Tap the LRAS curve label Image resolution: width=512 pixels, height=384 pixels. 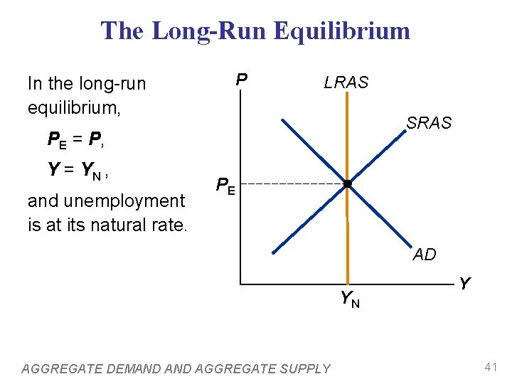click(x=346, y=82)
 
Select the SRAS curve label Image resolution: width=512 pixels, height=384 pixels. click(x=429, y=123)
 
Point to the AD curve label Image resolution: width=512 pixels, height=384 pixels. click(x=425, y=255)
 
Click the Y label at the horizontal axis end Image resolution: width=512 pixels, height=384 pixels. click(x=464, y=284)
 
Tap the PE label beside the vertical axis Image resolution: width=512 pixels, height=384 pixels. click(x=226, y=187)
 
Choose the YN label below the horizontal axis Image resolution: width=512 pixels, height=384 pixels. click(x=349, y=299)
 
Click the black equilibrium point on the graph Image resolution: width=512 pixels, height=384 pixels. click(x=347, y=185)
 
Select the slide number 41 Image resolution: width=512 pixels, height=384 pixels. click(x=490, y=368)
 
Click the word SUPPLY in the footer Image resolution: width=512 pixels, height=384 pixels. click(x=305, y=368)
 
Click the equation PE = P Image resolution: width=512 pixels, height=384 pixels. click(x=76, y=139)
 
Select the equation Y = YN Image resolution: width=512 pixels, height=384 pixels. click(x=78, y=169)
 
